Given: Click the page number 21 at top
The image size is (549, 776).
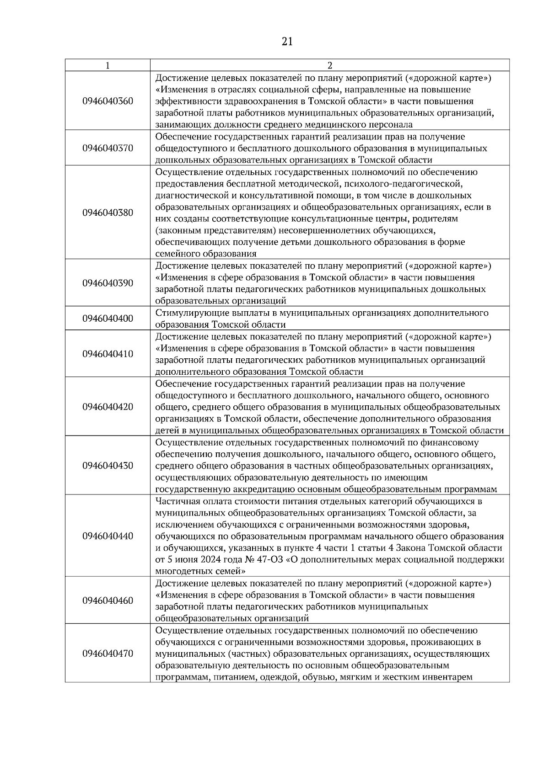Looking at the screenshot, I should click(x=287, y=42).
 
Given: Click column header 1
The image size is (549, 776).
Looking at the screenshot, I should click(x=108, y=65).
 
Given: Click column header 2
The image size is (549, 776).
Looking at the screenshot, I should click(x=329, y=65).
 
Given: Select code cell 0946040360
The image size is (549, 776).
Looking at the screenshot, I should click(x=108, y=101).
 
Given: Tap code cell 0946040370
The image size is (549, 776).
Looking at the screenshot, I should click(x=108, y=148).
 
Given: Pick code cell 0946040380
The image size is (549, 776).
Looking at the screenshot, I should click(x=108, y=213).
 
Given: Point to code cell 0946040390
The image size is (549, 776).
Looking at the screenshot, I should click(x=108, y=283).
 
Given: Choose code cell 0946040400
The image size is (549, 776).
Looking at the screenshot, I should click(x=108, y=319).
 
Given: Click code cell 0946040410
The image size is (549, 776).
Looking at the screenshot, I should click(x=108, y=354).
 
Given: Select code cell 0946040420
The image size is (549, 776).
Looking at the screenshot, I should click(x=108, y=407).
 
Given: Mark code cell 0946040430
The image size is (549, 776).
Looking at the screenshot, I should click(x=108, y=466).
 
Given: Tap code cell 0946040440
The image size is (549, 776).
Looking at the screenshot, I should click(x=108, y=536).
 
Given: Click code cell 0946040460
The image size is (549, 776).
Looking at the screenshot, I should click(x=108, y=601).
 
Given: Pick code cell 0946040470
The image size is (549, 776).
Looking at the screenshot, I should click(x=108, y=654).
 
